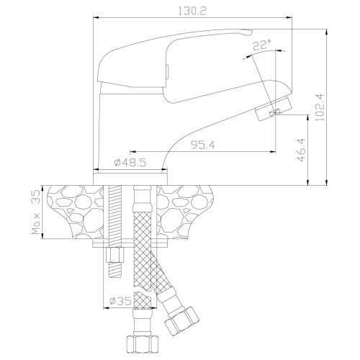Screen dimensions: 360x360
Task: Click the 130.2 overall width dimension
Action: click(192, 12)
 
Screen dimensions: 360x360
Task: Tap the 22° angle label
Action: click(261, 45)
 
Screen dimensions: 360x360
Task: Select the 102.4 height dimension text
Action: click(320, 107)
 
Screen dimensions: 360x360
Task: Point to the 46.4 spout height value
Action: click(301, 150)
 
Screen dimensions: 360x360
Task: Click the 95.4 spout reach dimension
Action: click(203, 145)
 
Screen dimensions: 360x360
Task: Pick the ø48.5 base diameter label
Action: click(130, 163)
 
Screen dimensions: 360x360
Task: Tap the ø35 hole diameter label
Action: click(120, 301)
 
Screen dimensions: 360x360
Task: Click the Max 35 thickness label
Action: click(36, 212)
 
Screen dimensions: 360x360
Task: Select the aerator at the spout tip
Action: click(274, 109)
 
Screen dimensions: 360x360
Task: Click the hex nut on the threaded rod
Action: click(115, 255)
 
